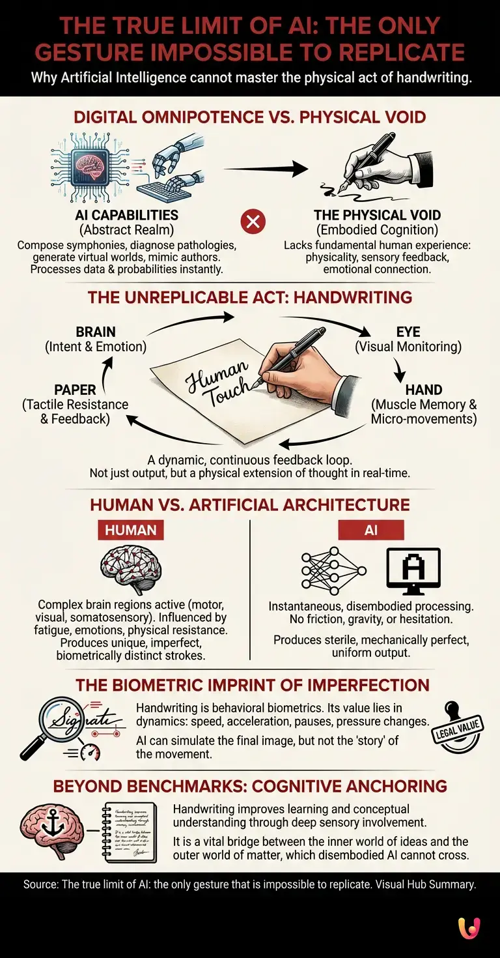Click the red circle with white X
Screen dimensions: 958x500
pos(253,222)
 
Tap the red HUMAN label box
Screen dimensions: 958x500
pos(130,530)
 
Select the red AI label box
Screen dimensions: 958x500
pos(371,530)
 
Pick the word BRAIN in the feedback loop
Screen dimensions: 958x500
pos(96,332)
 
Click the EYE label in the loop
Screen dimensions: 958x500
pos(408,332)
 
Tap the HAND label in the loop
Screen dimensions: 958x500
pos(424,390)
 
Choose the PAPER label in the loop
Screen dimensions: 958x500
pos(76,390)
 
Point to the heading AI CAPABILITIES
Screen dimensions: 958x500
pos(126,215)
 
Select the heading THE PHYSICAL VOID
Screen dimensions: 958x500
pos(377,215)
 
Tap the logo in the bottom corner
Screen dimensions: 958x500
pos(469,928)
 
